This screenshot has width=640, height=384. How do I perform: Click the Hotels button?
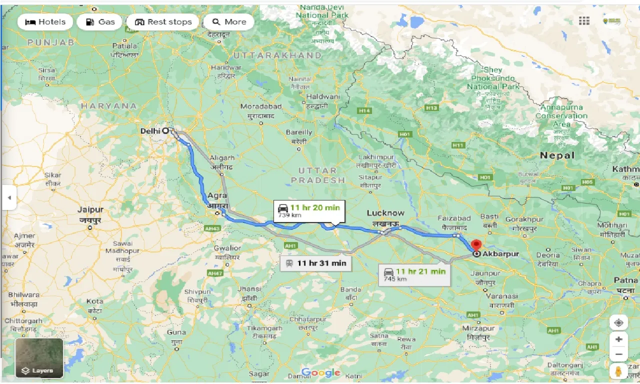45,22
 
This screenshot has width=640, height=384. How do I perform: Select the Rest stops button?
163,22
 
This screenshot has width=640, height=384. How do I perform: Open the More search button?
229,22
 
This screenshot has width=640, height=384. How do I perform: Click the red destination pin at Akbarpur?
476,246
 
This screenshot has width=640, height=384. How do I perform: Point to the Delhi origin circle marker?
165,130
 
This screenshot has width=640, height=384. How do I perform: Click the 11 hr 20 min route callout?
309,210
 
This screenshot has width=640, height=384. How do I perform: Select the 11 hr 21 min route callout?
414,274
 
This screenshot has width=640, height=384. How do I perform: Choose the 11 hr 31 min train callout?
315,263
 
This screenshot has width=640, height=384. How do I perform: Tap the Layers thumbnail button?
39,358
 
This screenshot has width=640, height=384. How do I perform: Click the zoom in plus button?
618,339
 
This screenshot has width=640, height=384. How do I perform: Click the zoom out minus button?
618,354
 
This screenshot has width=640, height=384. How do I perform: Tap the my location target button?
618,322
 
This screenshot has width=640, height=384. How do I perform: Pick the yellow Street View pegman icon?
618,371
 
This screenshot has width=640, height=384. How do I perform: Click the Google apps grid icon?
584,20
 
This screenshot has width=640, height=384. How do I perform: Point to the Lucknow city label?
385,213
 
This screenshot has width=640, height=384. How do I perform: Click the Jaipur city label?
90,210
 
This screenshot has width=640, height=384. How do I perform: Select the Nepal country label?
557,155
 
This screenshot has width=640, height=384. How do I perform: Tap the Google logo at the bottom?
320,372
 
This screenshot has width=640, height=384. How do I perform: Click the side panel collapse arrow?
8,198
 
